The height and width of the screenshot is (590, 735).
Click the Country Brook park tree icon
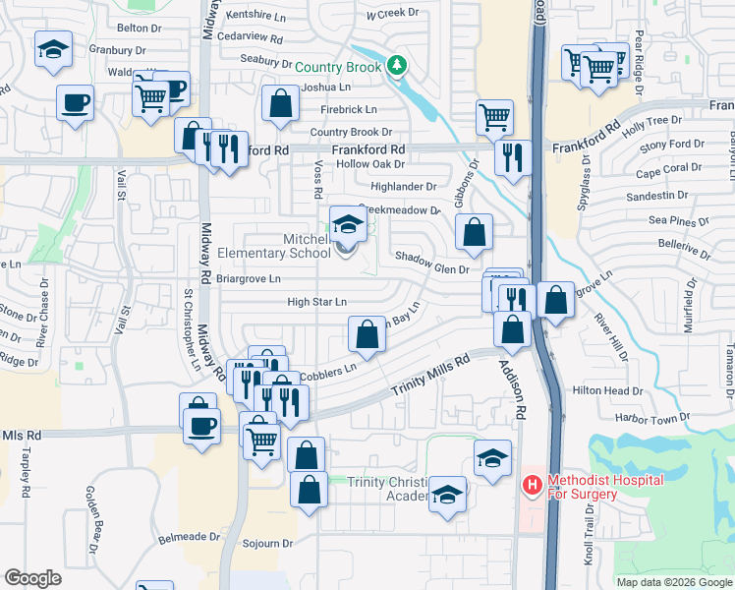[397, 66]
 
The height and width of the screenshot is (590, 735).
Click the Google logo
[33, 577]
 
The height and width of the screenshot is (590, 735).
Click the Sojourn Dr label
[274, 543]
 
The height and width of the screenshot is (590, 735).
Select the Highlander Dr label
[403, 187]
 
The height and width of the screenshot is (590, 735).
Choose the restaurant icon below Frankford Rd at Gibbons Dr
[512, 157]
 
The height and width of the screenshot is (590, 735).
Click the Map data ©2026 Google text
[674, 581]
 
